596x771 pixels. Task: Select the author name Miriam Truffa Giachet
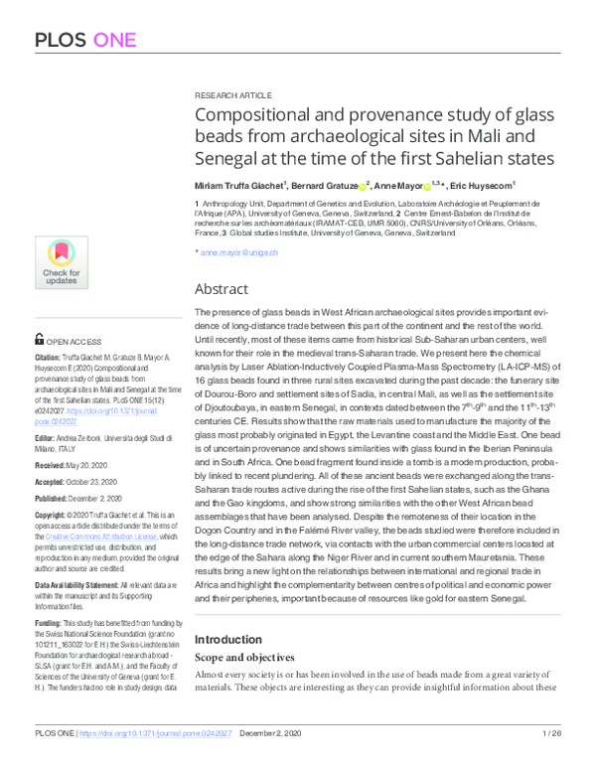[241, 185]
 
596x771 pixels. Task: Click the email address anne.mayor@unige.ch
[239, 252]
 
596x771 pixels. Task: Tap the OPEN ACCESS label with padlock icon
[67, 339]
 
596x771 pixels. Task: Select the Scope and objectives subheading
[245, 658]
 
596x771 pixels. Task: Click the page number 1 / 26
[552, 761]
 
